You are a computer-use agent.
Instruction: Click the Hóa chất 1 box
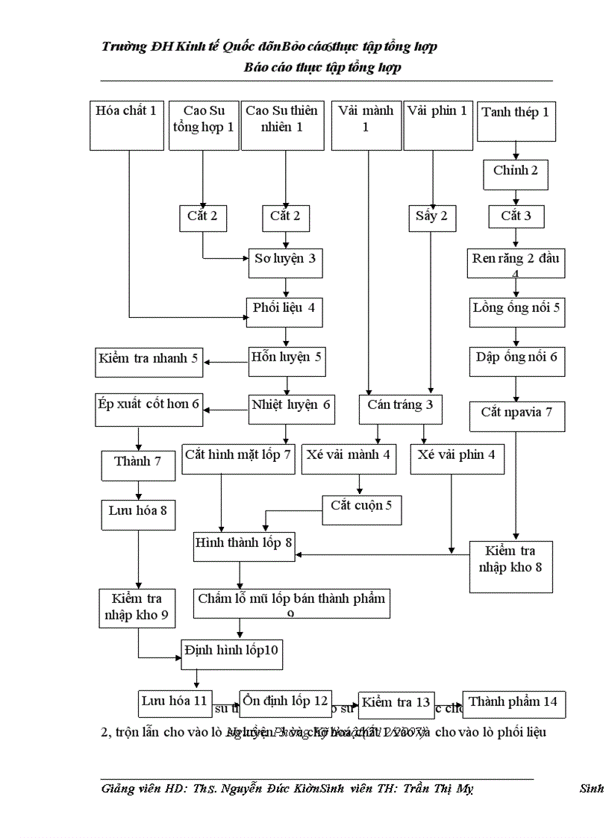(x=126, y=125)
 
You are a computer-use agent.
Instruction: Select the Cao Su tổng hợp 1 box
(x=203, y=125)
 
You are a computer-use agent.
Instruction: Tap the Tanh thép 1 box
(x=516, y=121)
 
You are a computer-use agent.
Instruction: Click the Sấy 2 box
(x=432, y=217)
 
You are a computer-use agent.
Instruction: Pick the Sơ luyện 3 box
(x=285, y=260)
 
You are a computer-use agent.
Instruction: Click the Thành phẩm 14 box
(x=513, y=703)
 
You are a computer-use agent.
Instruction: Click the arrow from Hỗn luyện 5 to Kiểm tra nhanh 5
(x=226, y=363)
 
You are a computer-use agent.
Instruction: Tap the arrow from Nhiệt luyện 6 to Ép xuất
(x=226, y=409)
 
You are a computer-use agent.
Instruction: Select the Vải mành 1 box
(x=366, y=125)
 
